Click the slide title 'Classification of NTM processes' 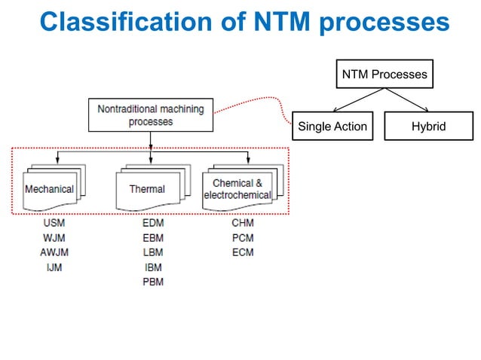pyautogui.click(x=244, y=22)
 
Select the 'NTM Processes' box pyautogui.click(x=384, y=75)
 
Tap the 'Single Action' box pyautogui.click(x=332, y=127)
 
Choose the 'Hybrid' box pyautogui.click(x=428, y=127)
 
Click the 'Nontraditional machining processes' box pyautogui.click(x=150, y=115)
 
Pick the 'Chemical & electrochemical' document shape pyautogui.click(x=237, y=188)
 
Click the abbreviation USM pyautogui.click(x=54, y=223)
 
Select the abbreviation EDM pyautogui.click(x=152, y=223)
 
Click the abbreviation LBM pyautogui.click(x=152, y=252)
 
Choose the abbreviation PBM pyautogui.click(x=152, y=282)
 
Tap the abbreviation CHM pyautogui.click(x=243, y=223)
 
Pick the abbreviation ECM pyautogui.click(x=243, y=252)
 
